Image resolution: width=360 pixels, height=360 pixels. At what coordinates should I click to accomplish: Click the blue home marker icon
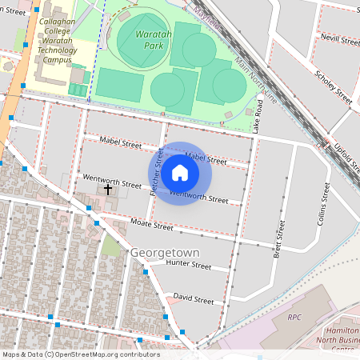[180, 173]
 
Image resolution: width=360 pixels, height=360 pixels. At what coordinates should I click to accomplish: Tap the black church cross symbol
[108, 189]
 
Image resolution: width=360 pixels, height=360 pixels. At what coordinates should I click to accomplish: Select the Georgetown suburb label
[164, 252]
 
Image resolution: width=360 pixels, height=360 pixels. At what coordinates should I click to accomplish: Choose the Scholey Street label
[334, 86]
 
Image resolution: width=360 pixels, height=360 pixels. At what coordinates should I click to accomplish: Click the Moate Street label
[151, 226]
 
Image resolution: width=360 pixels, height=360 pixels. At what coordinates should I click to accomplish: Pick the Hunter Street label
[188, 266]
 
